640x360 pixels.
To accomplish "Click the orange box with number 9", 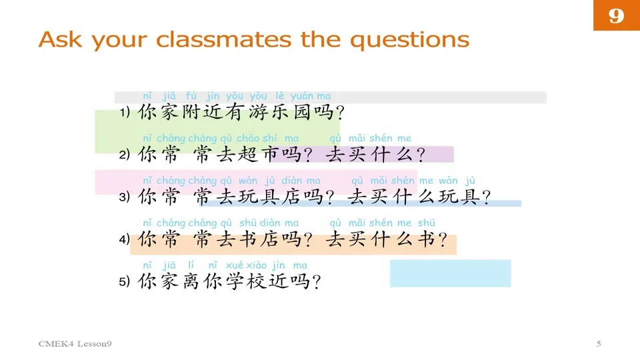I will click(x=616, y=15).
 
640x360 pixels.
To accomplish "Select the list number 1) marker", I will click(x=125, y=113).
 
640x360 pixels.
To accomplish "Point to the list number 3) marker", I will click(x=125, y=197).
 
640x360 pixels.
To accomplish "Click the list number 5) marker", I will click(x=125, y=282).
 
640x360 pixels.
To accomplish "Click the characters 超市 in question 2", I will click(x=255, y=155).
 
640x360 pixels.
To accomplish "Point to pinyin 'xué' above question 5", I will click(x=235, y=265).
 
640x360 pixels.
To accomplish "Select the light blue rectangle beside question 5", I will click(x=450, y=273).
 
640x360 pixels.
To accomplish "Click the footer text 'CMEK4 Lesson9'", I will click(x=75, y=344).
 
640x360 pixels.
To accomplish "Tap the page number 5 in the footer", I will click(x=599, y=344).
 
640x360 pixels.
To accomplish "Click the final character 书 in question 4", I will click(x=425, y=239).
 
